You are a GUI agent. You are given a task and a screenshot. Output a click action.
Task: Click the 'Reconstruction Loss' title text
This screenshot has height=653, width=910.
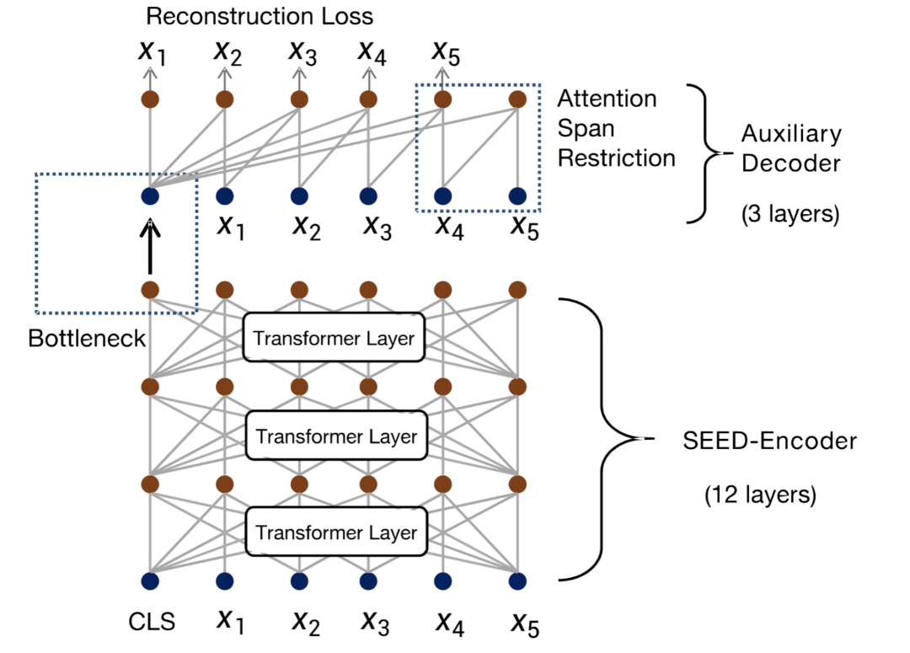click(260, 16)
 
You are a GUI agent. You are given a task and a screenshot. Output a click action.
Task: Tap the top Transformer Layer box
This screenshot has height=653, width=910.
click(334, 339)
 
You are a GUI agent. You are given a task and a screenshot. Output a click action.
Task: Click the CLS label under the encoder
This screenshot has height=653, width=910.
click(152, 624)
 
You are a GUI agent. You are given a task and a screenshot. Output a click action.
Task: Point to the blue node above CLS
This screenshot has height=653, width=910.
click(151, 581)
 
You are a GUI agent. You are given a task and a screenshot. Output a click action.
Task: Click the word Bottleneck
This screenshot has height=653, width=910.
click(86, 339)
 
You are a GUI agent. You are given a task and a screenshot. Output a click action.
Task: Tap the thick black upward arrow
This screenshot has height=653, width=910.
click(151, 246)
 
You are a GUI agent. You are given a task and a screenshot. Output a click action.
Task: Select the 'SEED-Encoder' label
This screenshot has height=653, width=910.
click(769, 441)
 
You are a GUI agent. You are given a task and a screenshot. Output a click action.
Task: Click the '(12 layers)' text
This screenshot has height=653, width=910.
click(760, 495)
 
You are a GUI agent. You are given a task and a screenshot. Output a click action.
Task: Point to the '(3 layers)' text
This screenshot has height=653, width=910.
click(790, 214)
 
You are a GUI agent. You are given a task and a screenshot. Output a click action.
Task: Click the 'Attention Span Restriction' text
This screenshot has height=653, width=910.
click(616, 128)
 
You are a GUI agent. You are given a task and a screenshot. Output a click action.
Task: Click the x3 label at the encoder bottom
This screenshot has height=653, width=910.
click(375, 621)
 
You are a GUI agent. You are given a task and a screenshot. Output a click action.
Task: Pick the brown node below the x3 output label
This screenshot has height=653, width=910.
click(298, 99)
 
